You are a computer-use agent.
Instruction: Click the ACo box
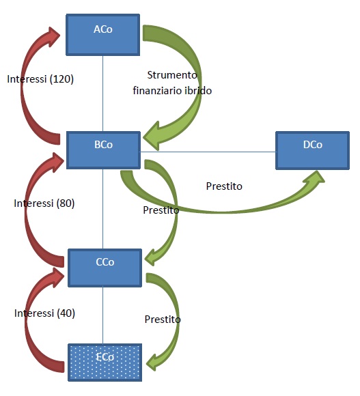tap(103, 35)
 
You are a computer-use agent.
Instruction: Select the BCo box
tap(103, 150)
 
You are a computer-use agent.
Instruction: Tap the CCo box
tap(105, 268)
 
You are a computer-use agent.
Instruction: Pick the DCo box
tap(312, 150)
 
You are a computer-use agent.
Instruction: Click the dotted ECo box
tap(105, 363)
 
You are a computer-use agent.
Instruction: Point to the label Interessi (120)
tap(40, 79)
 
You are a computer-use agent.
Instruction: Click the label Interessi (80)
tap(44, 203)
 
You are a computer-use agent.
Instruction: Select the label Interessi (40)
tap(44, 313)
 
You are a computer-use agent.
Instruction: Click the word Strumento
tap(172, 75)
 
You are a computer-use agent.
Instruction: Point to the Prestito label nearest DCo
tap(224, 186)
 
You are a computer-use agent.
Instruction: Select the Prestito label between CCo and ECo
tap(163, 320)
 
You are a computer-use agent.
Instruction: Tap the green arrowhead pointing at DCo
tap(315, 178)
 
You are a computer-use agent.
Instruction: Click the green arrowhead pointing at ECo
tap(154, 362)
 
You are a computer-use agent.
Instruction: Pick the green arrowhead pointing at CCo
tap(152, 257)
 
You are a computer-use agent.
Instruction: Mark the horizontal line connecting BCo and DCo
tap(208, 152)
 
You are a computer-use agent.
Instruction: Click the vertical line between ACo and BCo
tap(103, 94)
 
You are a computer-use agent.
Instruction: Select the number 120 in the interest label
tap(61, 79)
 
